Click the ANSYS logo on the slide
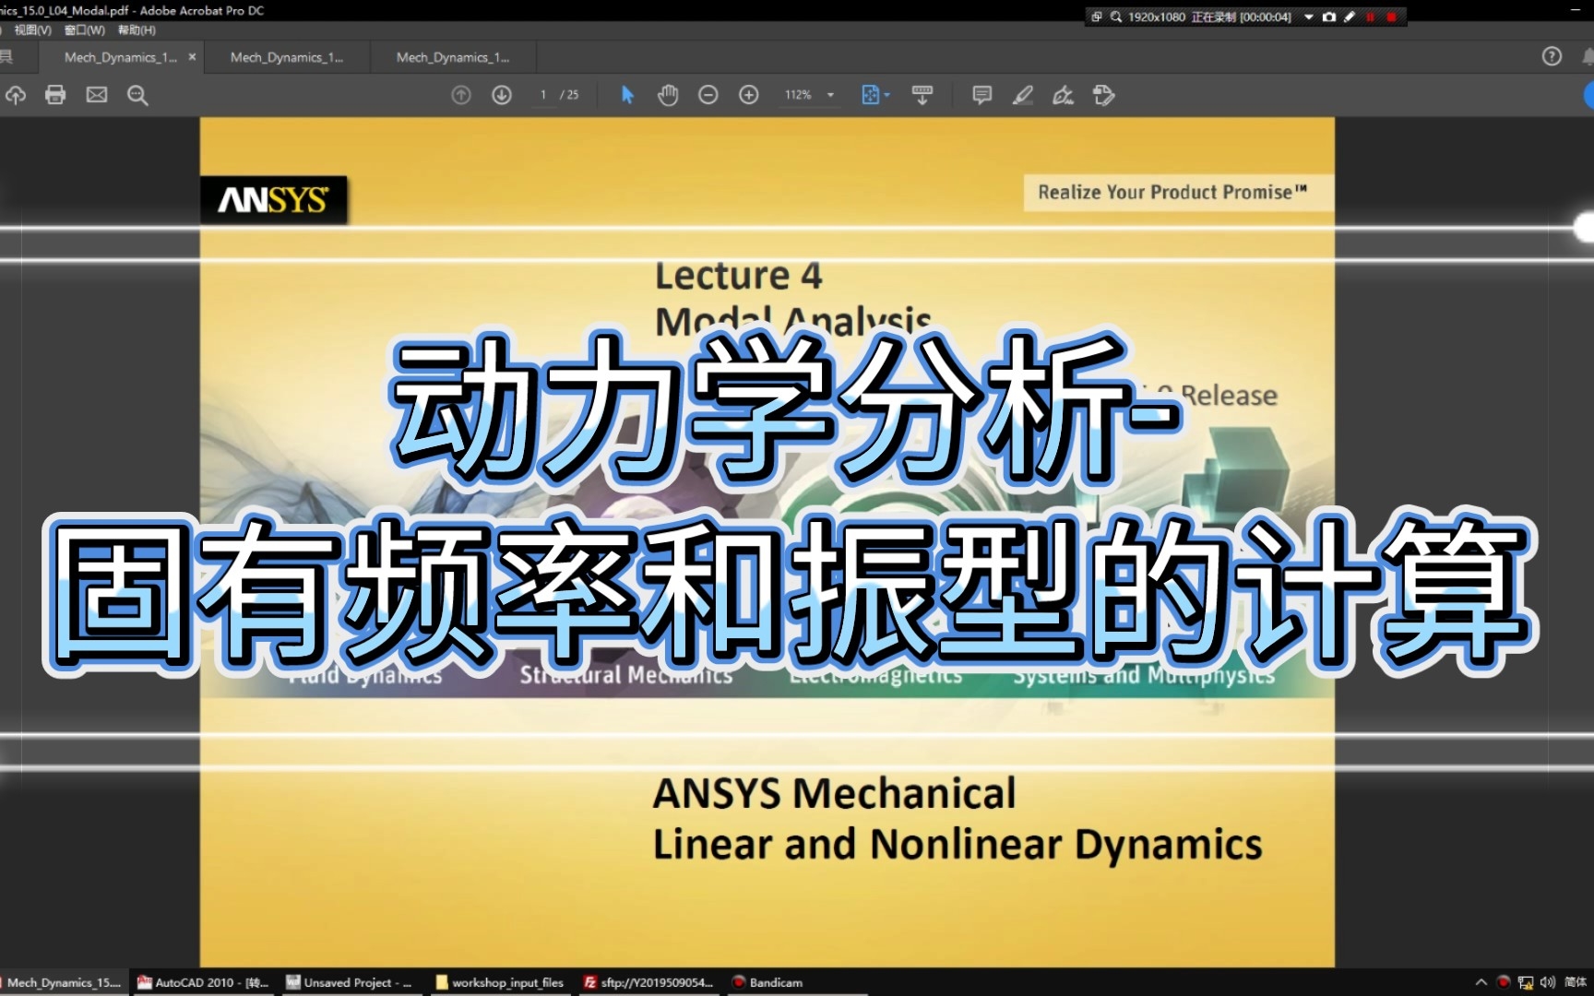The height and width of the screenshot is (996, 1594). coord(273,200)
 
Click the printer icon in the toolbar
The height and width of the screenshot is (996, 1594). coord(55,95)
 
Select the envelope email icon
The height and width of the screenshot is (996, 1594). coord(97,95)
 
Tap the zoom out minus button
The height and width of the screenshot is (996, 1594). coord(708,95)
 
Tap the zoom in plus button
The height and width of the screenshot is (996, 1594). coord(749,95)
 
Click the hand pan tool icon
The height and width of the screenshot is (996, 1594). coord(668,95)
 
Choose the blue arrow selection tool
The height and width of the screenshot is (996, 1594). coord(627,95)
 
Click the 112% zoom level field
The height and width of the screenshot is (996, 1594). coord(799,95)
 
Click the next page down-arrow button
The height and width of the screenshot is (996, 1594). coord(502,95)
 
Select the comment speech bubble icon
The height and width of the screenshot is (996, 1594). coord(981,95)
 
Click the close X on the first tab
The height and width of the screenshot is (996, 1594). coord(192,57)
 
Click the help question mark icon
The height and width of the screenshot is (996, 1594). coord(1552,57)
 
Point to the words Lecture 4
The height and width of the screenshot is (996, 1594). coord(738,276)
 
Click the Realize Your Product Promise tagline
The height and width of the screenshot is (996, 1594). coord(1172,193)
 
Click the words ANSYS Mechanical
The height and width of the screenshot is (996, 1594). coord(834,794)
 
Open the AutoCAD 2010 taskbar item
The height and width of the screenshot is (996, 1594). coord(203,983)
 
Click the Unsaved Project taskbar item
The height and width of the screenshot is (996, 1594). coord(350,983)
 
